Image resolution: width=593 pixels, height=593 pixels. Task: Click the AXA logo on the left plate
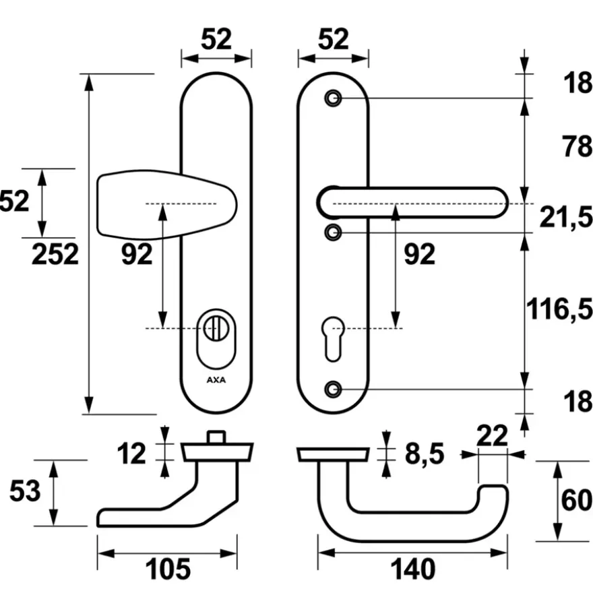coord(216,379)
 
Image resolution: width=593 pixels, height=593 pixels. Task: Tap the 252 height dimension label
coord(55,255)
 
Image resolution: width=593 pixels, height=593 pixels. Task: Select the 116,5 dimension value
coord(559,309)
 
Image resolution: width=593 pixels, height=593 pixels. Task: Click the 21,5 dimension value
coord(566,218)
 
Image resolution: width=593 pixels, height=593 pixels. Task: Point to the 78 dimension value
coord(577,146)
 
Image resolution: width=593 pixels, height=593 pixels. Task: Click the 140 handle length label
coord(412,569)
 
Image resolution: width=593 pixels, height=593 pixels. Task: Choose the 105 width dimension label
coord(168,569)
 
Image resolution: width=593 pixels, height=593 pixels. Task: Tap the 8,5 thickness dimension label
coord(425,454)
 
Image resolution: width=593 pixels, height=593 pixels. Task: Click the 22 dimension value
coord(492,436)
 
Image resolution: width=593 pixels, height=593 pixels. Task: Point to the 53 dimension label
coord(25,491)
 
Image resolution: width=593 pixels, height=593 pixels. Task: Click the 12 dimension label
coord(131,454)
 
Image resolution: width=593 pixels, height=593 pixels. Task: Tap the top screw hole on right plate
coord(333,98)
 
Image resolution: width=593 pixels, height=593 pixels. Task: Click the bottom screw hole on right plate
coord(333,389)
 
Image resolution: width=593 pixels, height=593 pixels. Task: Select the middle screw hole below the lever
coord(333,232)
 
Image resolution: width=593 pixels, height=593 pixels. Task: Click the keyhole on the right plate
coord(333,339)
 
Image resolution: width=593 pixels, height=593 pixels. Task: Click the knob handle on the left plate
coord(166,205)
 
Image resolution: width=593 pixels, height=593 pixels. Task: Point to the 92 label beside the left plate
coord(137,254)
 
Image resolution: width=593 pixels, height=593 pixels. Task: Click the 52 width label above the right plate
coord(333,39)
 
